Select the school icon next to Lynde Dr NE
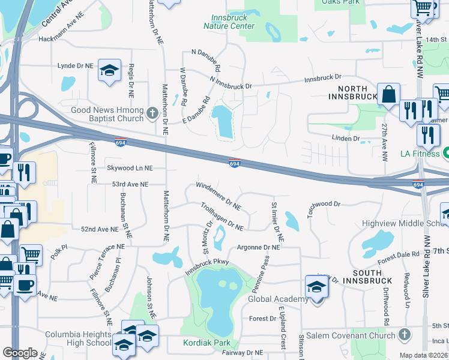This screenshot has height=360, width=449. tap(109, 71)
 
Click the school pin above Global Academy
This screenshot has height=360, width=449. tap(316, 287)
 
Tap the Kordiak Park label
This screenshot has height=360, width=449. tap(206, 342)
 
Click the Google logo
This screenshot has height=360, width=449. tap(20, 353)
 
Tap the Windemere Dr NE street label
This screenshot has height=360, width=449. tap(218, 196)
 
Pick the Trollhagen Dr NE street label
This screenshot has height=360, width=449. tap(221, 217)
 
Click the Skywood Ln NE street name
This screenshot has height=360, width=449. tap(130, 169)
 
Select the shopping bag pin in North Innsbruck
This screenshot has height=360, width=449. tap(388, 94)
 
